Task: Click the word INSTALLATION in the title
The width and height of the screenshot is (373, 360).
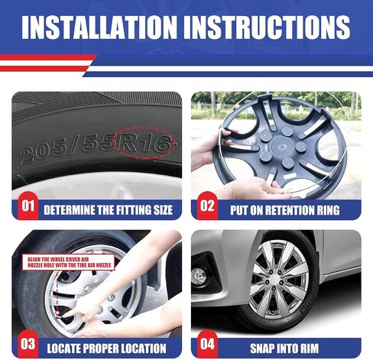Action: point(99,28)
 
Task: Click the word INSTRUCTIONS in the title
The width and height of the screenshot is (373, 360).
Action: point(267,28)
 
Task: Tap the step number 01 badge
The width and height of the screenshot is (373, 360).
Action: point(28,206)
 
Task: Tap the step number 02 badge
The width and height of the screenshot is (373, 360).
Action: point(207,206)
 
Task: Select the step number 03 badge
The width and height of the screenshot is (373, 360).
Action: point(28,344)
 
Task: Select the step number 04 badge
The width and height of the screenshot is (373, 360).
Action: point(207,344)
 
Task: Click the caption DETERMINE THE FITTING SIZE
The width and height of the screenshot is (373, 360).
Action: point(108,210)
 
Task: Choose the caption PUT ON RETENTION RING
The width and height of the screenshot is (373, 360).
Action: point(284,210)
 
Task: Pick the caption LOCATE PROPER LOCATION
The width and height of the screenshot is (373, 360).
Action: point(106,349)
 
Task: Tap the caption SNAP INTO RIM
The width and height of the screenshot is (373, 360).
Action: point(284,349)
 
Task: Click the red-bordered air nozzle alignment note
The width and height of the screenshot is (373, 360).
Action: point(68,262)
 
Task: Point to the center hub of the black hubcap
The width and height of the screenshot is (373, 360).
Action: point(281,148)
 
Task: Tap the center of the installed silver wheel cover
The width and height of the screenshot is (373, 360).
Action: point(274,280)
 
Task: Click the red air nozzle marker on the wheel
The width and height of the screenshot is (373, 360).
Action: point(58,313)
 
